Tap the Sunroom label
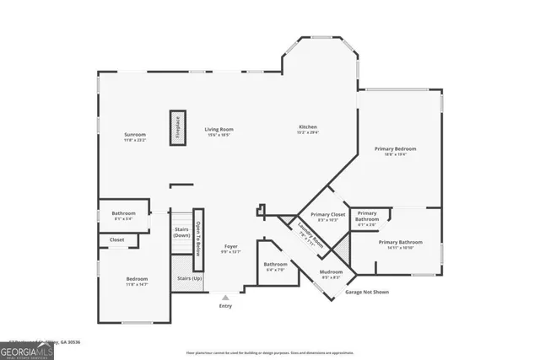[x=136, y=137]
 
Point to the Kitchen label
[x=306, y=128]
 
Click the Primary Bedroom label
[x=395, y=151]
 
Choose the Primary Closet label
[x=328, y=217]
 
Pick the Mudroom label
[x=331, y=273]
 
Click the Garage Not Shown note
[x=367, y=292]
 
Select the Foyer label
[x=230, y=249]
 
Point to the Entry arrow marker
[x=224, y=297]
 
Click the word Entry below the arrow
[x=225, y=305]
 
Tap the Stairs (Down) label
[x=182, y=231]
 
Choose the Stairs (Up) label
[x=189, y=278]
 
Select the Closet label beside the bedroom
[x=116, y=240]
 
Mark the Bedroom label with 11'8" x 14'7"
[x=137, y=281]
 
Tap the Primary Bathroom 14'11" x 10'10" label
[x=401, y=244]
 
